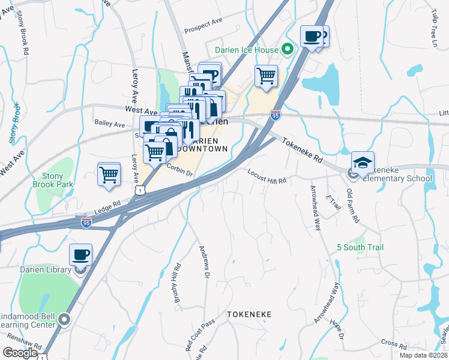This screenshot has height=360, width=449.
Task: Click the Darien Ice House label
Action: click(x=247, y=50)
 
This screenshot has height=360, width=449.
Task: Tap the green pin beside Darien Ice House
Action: click(x=288, y=50)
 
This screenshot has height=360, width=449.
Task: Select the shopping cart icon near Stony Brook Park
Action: click(x=109, y=175)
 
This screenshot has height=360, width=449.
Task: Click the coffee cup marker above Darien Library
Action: click(x=80, y=255)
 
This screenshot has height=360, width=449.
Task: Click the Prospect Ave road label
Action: click(x=203, y=28)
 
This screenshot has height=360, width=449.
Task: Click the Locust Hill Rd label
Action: click(x=267, y=176)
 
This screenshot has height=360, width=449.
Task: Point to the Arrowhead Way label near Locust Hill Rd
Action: click(x=316, y=208)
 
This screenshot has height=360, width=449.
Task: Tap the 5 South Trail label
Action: click(x=360, y=247)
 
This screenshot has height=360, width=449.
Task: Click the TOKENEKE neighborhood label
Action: click(x=249, y=314)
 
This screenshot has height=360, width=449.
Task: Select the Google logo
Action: click(x=20, y=353)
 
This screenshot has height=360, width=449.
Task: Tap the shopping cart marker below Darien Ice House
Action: click(x=265, y=77)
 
